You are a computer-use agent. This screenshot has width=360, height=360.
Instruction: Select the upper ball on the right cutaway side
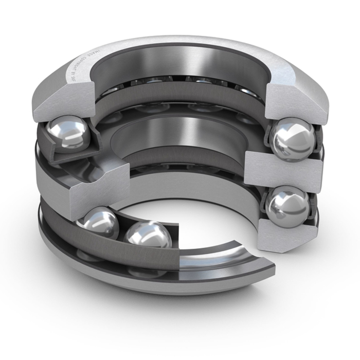(293, 139)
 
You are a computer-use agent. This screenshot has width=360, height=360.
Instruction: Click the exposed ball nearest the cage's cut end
(149, 238)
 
